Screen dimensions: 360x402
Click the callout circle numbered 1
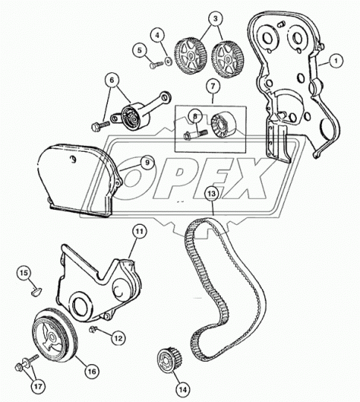335,61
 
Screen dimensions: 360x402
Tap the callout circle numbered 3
215,19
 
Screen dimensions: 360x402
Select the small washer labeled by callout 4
168,62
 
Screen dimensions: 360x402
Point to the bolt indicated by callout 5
156,65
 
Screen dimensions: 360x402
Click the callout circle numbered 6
112,80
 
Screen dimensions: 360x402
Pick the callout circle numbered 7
213,86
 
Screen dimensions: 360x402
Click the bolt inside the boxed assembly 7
195,135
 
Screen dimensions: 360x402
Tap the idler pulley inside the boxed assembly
222,126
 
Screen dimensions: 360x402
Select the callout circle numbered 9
147,162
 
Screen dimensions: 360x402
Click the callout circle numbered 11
140,232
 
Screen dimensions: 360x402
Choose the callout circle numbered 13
212,194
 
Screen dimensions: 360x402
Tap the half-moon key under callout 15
37,291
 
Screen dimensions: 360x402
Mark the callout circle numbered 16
92,371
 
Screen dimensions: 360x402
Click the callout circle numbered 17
38,386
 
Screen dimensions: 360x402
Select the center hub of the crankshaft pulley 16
52,337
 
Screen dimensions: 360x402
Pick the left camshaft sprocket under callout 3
190,56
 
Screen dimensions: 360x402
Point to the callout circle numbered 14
183,389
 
